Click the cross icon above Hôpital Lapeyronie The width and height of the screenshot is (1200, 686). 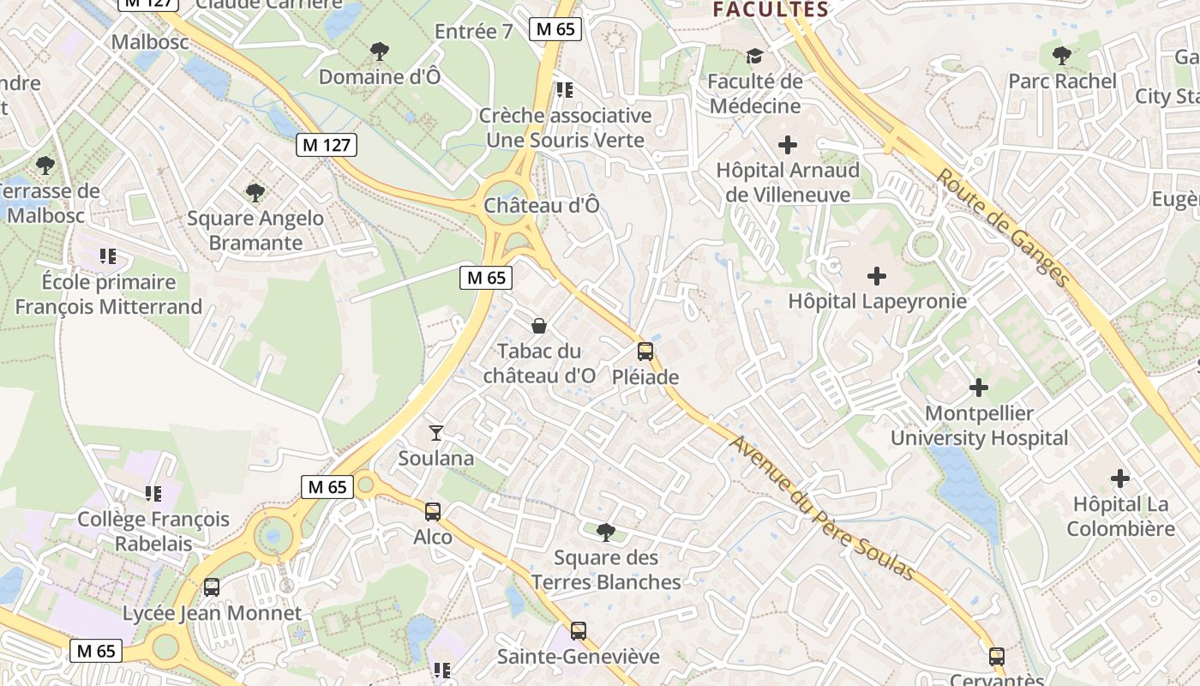tap(877, 276)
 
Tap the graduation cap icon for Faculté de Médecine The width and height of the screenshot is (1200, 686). tap(754, 57)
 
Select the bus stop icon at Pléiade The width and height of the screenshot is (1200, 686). tap(645, 352)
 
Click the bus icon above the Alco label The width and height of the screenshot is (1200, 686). tap(433, 512)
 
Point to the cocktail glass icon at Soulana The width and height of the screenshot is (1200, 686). tap(436, 433)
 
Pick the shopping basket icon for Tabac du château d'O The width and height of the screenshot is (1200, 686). tap(539, 326)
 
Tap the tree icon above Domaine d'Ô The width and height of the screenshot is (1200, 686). tap(380, 51)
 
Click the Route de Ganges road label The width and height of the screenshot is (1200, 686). tap(1003, 227)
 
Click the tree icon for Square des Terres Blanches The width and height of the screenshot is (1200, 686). tap(605, 533)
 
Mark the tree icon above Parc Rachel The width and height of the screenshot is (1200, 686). tap(1062, 57)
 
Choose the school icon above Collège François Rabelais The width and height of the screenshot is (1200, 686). tap(153, 494)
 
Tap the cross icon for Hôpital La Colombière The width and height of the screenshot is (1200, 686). tap(1120, 478)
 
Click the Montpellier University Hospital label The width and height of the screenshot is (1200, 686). tap(979, 425)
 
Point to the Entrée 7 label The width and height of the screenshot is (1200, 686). tap(473, 32)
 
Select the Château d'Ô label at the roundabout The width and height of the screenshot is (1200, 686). tap(542, 206)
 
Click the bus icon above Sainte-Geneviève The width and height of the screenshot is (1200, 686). tap(579, 631)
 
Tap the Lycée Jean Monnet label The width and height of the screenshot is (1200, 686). tap(213, 613)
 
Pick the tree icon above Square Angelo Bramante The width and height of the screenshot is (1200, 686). tap(255, 193)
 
